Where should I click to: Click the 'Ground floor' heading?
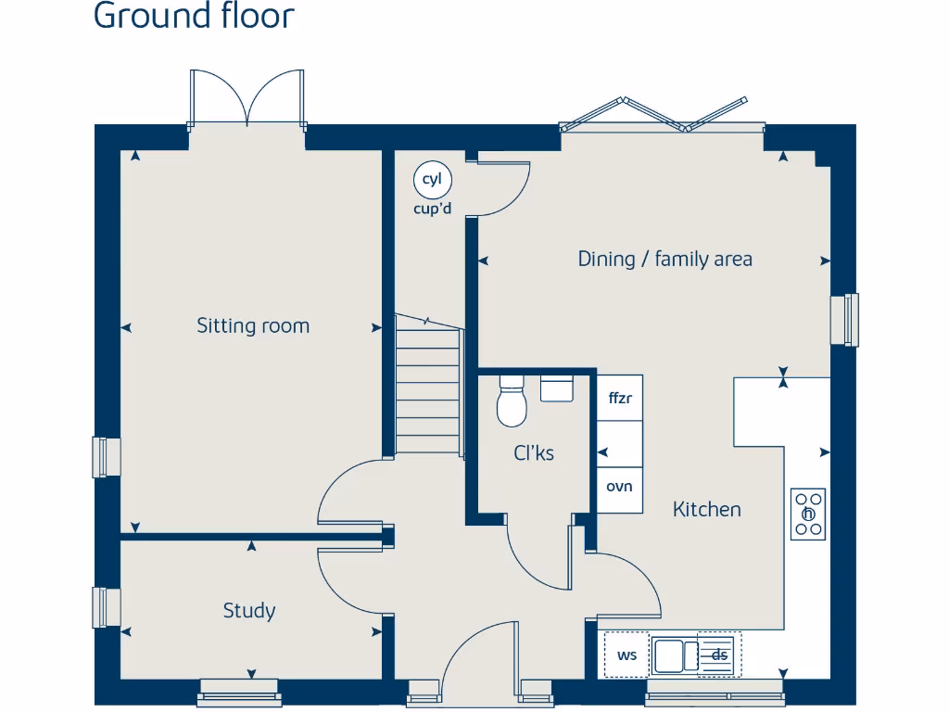pyautogui.click(x=194, y=16)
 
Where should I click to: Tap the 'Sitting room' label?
pyautogui.click(x=252, y=325)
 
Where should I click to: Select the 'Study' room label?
pyautogui.click(x=248, y=610)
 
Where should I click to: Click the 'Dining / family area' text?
pyautogui.click(x=664, y=259)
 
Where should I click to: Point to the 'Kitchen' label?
pyautogui.click(x=706, y=509)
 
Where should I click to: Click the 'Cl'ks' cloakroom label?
pyautogui.click(x=534, y=453)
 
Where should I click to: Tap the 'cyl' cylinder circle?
pyautogui.click(x=431, y=180)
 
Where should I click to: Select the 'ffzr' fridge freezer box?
pyautogui.click(x=619, y=399)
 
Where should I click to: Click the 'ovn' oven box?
pyautogui.click(x=619, y=485)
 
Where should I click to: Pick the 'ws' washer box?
pyautogui.click(x=626, y=655)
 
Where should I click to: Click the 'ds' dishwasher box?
pyautogui.click(x=719, y=655)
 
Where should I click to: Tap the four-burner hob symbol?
pyautogui.click(x=808, y=514)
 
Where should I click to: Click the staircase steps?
pyautogui.click(x=428, y=389)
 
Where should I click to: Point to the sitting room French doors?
pyautogui.click(x=247, y=100)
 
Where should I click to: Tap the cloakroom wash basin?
pyautogui.click(x=556, y=388)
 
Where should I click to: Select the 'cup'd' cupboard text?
pyautogui.click(x=432, y=209)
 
